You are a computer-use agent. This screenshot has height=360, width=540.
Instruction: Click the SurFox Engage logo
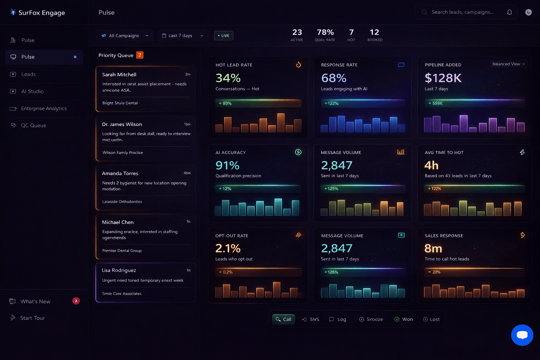[37, 13]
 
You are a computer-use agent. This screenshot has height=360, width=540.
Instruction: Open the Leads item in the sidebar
[28, 74]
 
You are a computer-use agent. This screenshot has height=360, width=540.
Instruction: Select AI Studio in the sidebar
[32, 91]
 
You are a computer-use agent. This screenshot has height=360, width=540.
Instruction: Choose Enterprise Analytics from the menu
[44, 109]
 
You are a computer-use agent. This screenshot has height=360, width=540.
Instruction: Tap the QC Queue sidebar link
[33, 126]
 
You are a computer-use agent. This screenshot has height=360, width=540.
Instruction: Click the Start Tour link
[32, 318]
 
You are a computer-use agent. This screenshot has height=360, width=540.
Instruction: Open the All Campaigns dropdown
[125, 36]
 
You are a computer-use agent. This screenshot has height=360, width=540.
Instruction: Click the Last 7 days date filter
[182, 36]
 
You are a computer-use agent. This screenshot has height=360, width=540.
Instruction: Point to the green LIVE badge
[224, 36]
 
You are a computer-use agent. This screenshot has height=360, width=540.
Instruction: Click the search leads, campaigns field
[462, 12]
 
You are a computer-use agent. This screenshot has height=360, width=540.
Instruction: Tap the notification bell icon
[509, 12]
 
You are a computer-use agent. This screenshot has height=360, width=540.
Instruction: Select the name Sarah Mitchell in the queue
[119, 75]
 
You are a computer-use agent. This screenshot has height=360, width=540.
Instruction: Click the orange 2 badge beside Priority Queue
[140, 55]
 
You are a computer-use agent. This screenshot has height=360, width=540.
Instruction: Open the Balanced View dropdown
[508, 64]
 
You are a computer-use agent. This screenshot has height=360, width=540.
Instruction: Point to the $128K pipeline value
[443, 78]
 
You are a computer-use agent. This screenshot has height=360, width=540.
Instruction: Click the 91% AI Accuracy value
[227, 165]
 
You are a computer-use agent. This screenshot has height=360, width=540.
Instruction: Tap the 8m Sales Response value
[433, 249]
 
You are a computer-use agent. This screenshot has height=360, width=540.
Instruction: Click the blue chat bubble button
[522, 335]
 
